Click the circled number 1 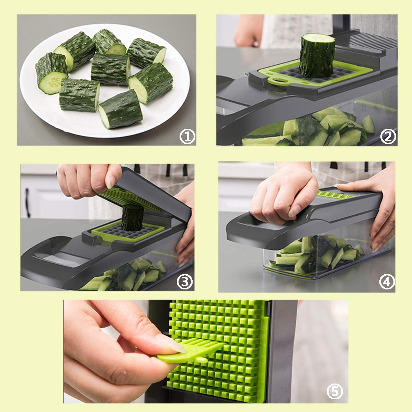coord(187,137)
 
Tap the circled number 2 coord(388,137)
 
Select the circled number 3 coord(185,282)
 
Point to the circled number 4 coord(387,282)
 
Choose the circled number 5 coord(335,392)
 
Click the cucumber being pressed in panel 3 coord(133,218)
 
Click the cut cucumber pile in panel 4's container coord(317,254)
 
